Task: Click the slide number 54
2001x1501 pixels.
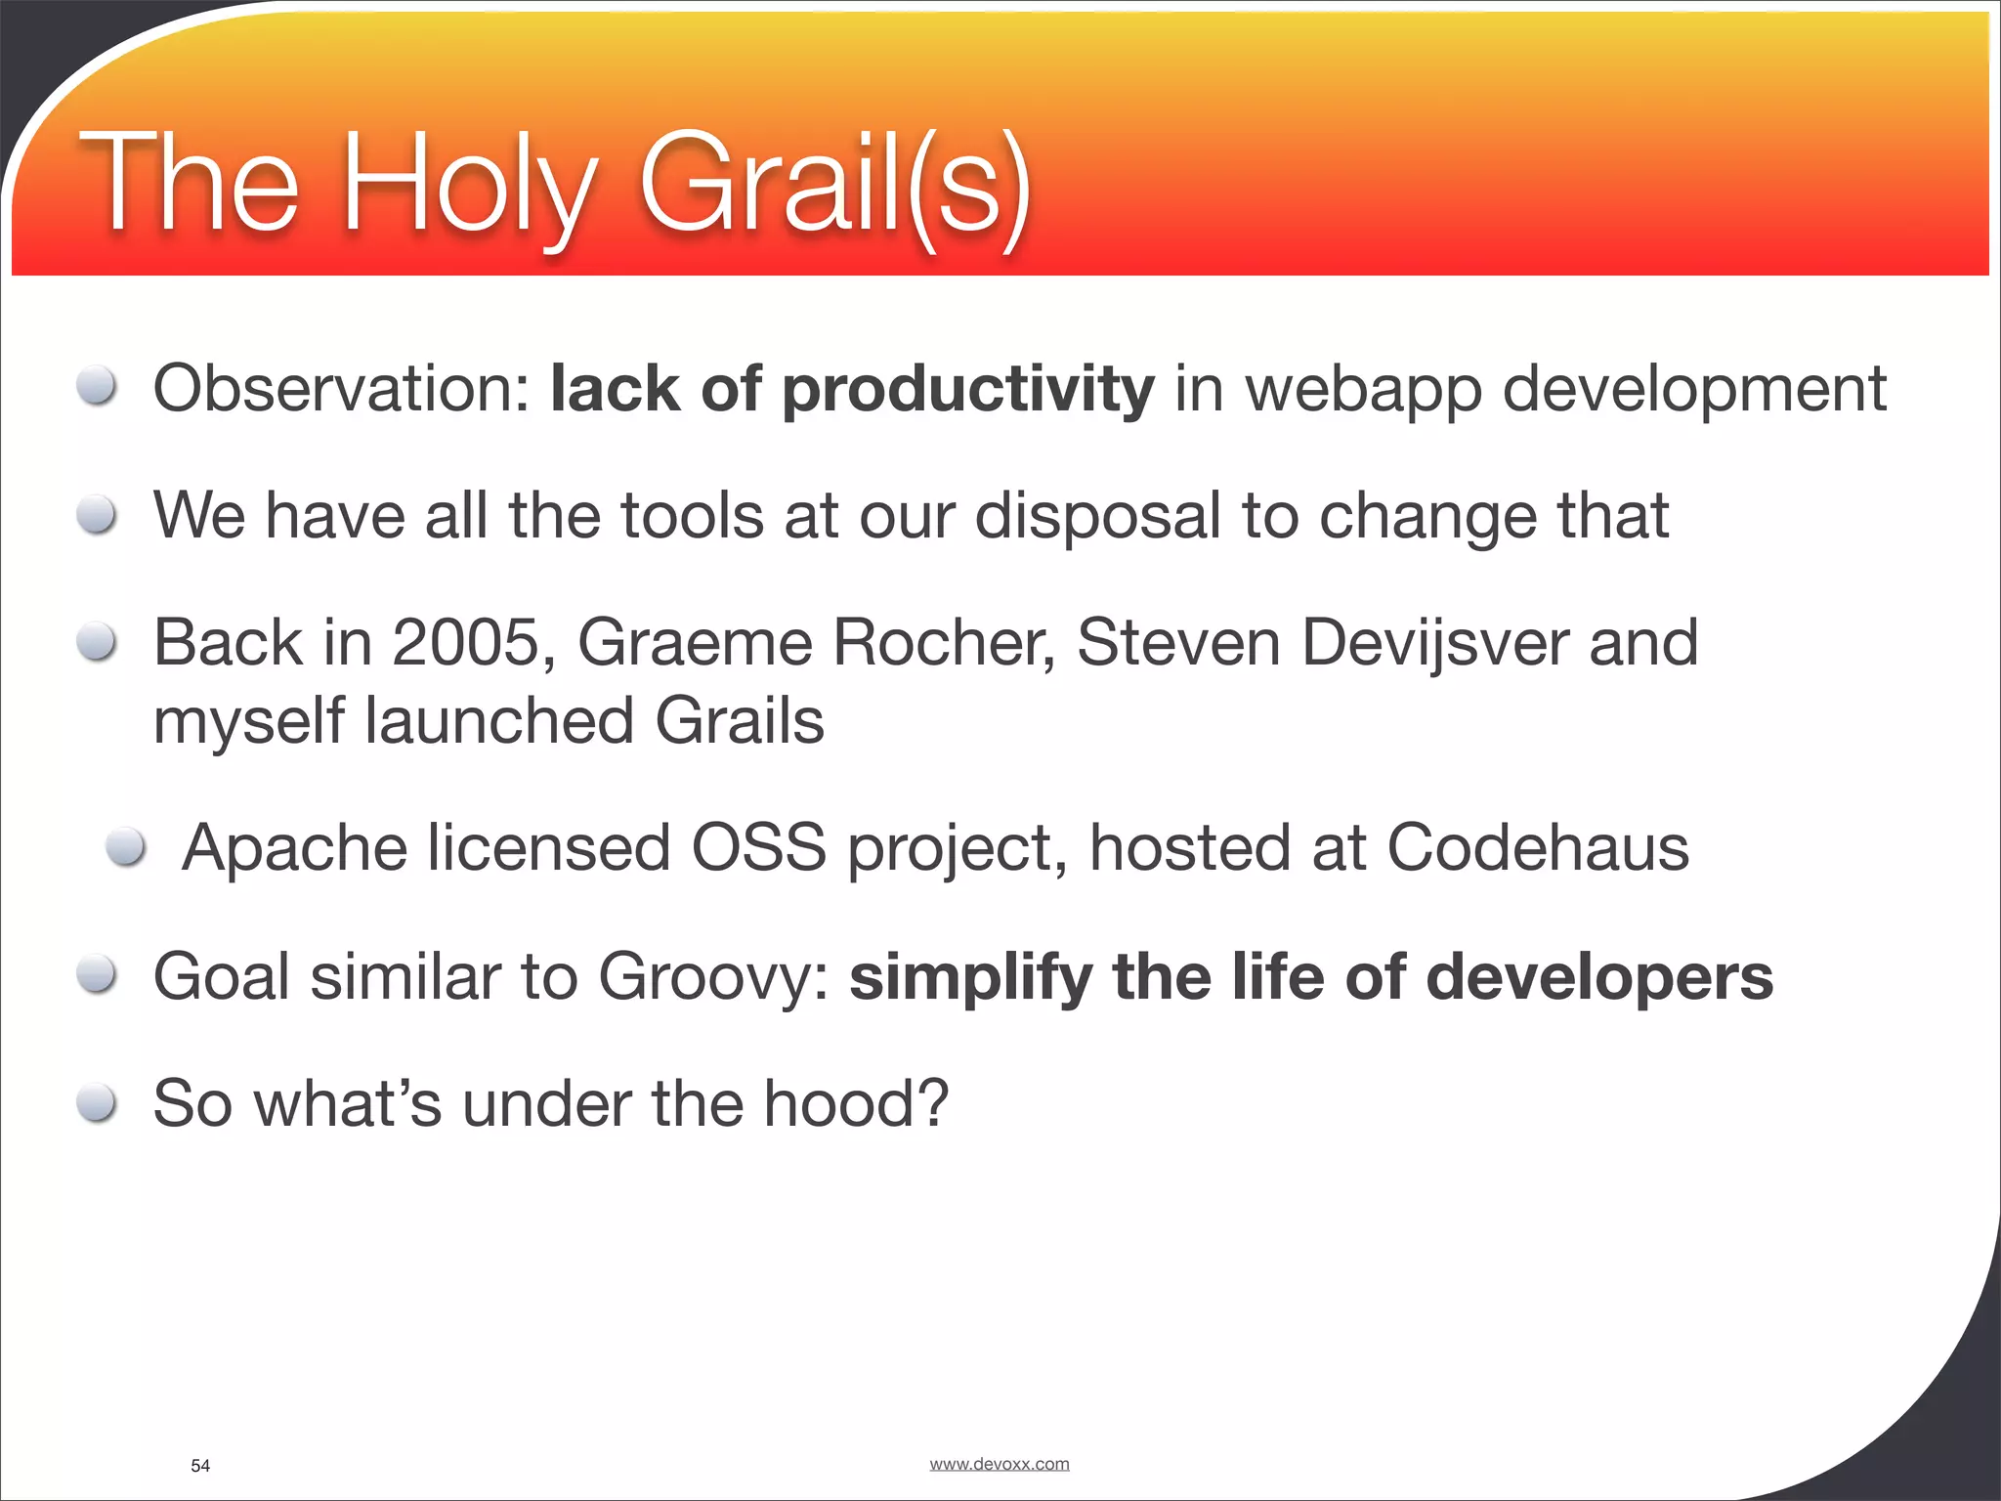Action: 200,1465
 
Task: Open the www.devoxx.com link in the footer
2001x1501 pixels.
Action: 999,1463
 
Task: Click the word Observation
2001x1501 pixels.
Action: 340,389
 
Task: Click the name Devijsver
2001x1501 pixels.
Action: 1434,643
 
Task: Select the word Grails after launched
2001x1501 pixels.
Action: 739,721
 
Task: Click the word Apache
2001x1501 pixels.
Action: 294,848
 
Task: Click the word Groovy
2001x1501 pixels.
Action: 713,977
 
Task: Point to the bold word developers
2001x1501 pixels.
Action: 1598,977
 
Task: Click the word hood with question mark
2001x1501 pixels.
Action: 855,1103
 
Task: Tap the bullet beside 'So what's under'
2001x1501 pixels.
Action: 97,1104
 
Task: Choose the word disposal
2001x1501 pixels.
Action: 1097,516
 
